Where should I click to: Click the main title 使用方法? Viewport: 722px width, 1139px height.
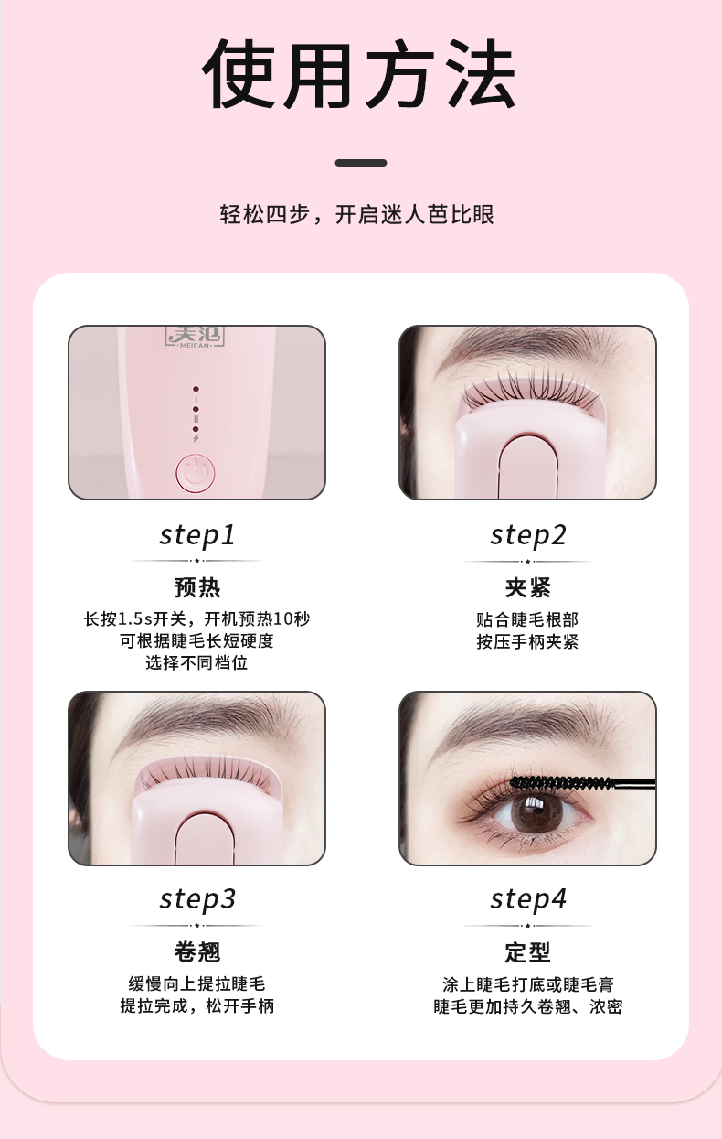[360, 74]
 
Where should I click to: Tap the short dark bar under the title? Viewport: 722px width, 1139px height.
[361, 163]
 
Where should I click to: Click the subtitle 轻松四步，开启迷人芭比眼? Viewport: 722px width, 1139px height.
[356, 214]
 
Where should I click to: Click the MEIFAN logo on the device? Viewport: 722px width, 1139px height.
[196, 337]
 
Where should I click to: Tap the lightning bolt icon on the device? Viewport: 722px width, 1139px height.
[196, 438]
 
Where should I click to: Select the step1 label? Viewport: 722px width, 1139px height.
[197, 535]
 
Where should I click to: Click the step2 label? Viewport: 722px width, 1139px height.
[528, 535]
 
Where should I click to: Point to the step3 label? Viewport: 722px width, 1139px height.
[197, 899]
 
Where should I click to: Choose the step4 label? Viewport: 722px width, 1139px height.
[528, 899]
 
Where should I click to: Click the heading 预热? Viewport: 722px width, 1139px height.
[197, 588]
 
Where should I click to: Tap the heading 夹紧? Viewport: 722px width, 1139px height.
[528, 588]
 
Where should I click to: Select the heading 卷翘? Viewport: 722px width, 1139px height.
[197, 951]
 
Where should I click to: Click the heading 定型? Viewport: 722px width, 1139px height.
[528, 951]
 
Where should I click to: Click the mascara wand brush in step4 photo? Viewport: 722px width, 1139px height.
[563, 783]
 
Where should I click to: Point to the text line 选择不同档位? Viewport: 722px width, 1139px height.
[196, 663]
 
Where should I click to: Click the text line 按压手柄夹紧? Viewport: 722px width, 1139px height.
[527, 641]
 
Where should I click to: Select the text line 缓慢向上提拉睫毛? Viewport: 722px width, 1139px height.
[196, 984]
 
